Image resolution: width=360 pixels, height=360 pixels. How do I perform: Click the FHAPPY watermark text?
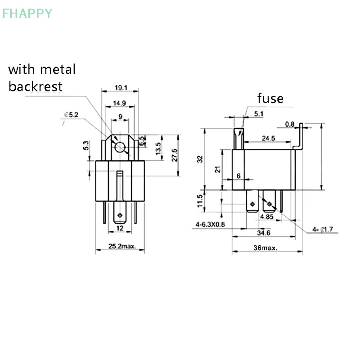(x=27, y=13)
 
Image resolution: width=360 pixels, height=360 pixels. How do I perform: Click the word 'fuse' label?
(x=270, y=98)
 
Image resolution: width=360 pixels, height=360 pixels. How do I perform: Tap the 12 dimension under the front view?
(x=120, y=228)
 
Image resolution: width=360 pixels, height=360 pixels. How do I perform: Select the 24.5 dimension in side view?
(x=269, y=139)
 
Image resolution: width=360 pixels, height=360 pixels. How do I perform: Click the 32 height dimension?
(x=201, y=159)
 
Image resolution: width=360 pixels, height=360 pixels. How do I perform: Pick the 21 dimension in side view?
(x=217, y=169)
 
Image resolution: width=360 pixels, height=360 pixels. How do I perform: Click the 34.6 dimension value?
(x=263, y=233)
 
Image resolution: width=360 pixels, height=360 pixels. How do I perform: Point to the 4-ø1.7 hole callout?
(x=323, y=229)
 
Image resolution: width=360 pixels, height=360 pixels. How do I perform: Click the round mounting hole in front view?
(x=120, y=147)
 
